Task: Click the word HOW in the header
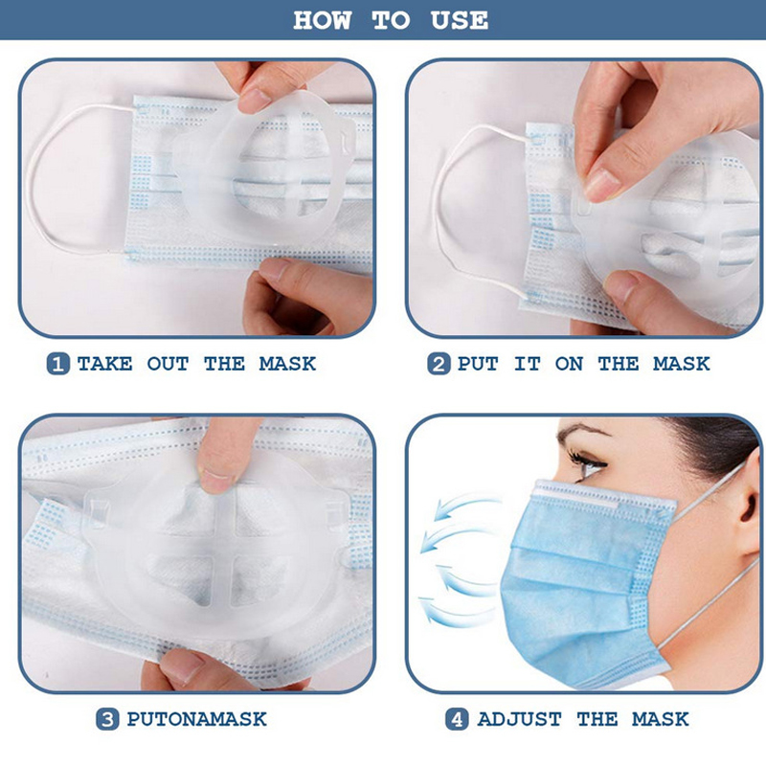(322, 20)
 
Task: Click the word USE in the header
(459, 20)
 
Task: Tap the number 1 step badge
(58, 364)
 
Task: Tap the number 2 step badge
(439, 364)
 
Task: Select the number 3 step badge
(107, 720)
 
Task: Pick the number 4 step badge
(457, 720)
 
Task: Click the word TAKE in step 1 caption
(104, 364)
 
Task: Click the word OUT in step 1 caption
(168, 364)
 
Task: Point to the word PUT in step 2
(478, 364)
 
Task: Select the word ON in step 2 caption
(569, 364)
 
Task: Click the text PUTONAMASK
(196, 720)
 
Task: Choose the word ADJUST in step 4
(519, 720)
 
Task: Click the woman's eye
(589, 463)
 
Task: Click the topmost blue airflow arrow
(465, 507)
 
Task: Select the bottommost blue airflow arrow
(452, 612)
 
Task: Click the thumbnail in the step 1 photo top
(254, 100)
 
